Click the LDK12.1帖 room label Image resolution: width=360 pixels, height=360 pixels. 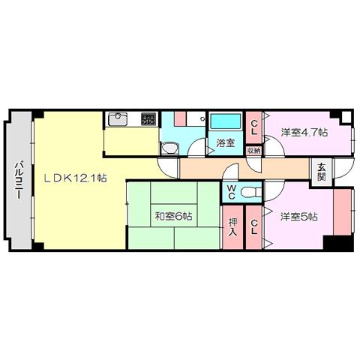[75, 178]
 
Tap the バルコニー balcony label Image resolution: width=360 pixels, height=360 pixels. [19, 181]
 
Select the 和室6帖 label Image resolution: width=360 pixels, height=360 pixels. [174, 216]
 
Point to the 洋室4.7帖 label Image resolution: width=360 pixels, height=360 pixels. [304, 132]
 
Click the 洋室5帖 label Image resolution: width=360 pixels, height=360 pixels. [299, 217]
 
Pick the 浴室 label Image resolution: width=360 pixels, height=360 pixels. [226, 143]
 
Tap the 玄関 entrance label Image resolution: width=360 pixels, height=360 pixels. [322, 172]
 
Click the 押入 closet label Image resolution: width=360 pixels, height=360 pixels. [232, 227]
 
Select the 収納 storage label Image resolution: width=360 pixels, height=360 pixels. [253, 151]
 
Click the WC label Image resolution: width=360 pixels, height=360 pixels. [232, 192]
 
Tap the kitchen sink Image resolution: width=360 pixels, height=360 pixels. [118, 119]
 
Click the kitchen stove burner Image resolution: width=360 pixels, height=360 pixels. [148, 118]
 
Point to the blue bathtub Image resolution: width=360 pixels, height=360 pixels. [226, 121]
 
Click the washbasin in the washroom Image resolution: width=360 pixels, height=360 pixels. [169, 148]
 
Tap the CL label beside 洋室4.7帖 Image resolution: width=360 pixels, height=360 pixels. [254, 127]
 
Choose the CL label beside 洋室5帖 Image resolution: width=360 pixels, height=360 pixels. [254, 227]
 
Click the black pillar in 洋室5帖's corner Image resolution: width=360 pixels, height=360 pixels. [338, 243]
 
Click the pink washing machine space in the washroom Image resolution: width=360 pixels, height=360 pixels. [180, 118]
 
